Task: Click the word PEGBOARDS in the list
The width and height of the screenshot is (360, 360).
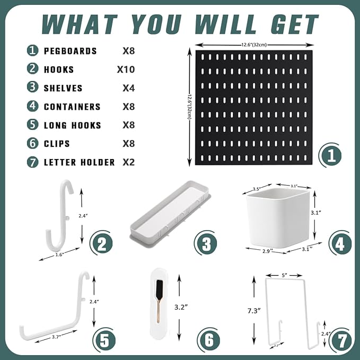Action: coord(70,51)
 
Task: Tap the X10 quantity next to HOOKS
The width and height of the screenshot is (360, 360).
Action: coord(126,69)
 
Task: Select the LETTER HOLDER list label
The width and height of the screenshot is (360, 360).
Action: coord(79,162)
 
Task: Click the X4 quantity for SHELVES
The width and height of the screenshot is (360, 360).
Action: coord(128,88)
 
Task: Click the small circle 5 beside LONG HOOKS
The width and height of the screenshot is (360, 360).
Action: coord(33,125)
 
